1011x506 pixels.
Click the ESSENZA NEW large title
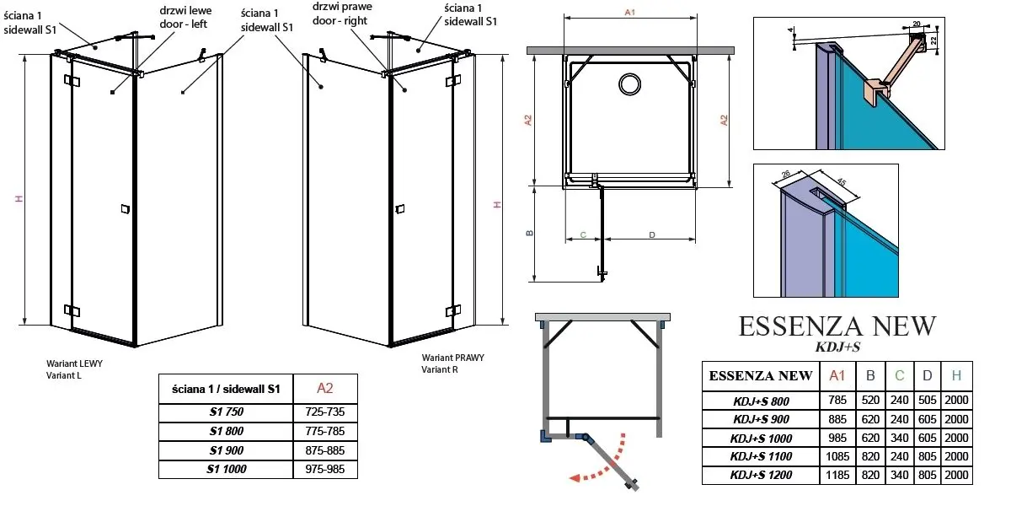(x=837, y=327)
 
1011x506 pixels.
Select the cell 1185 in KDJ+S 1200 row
(x=837, y=476)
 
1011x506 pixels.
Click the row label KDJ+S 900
(x=762, y=419)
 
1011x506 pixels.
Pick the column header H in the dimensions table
(x=955, y=375)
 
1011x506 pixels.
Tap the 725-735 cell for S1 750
(x=325, y=413)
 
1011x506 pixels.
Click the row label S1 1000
(x=227, y=469)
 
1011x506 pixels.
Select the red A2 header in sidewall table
(x=325, y=388)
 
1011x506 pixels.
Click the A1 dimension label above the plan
(x=629, y=11)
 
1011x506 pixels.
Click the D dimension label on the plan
(x=652, y=234)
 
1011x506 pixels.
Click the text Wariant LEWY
(x=75, y=363)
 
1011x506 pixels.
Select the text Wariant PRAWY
(x=453, y=358)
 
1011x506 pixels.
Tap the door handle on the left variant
(x=126, y=207)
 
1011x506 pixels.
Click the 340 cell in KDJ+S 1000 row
(x=899, y=439)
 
